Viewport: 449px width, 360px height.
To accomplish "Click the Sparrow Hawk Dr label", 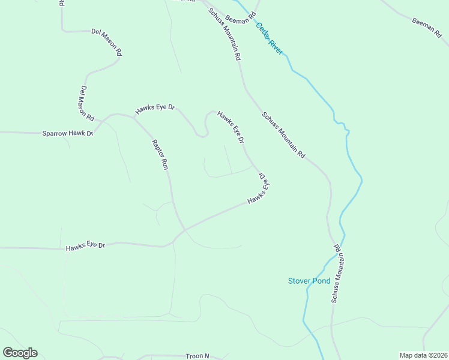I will point(67,133).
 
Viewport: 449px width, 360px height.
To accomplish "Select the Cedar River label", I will point(269,38).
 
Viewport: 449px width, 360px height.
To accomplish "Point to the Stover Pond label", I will point(309,281).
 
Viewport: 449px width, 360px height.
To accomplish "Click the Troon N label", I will point(197,356).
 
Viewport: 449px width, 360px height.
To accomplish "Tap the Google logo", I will point(20,353).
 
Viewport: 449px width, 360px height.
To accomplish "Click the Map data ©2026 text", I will point(423,355).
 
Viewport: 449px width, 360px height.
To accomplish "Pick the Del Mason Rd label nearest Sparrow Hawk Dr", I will point(86,101).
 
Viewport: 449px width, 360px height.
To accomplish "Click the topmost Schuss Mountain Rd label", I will point(224,34).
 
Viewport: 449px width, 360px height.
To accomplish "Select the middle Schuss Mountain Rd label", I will point(283,135).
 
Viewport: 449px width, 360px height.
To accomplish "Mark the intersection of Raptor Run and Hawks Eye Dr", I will point(182,230).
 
